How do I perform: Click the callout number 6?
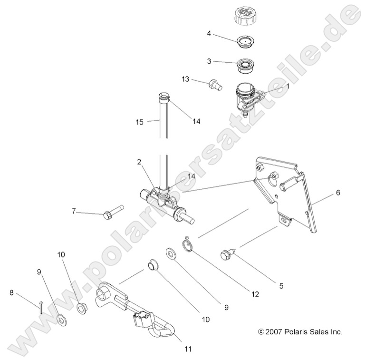pos(338,193)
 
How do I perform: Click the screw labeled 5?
pos(227,256)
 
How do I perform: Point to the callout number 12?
pos(255,295)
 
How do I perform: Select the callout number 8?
pos(11,293)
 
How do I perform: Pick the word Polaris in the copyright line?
pos(299,332)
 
